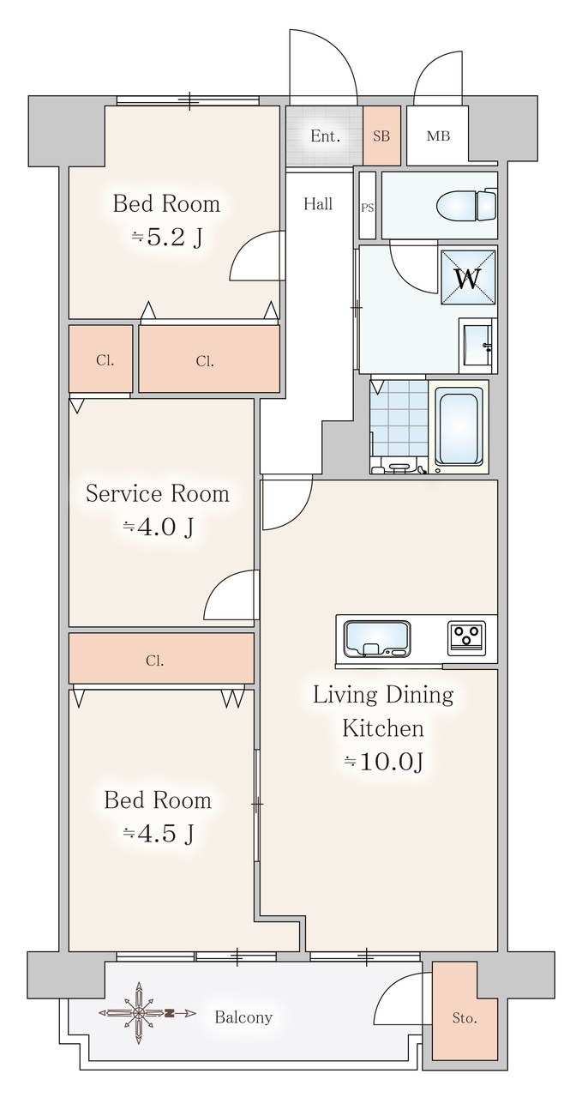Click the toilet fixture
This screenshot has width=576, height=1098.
467,204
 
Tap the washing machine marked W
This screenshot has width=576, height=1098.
468,277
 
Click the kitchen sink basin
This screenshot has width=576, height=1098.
376,638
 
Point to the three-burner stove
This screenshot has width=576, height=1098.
466,637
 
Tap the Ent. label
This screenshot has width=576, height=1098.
325,136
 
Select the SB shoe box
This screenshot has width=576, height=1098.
381,136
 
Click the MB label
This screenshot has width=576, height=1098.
438,136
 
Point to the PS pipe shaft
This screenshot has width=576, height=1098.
368,205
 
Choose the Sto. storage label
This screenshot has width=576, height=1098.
464,1018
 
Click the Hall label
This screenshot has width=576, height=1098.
318,204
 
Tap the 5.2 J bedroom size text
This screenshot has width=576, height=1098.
167,238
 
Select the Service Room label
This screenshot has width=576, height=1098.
158,493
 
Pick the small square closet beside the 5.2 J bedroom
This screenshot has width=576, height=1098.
101,359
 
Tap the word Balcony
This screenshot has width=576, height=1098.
243,1017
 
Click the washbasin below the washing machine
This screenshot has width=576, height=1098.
477,345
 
